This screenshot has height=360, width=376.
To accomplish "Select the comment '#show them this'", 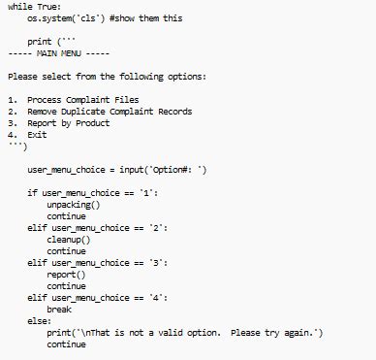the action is click(x=145, y=17).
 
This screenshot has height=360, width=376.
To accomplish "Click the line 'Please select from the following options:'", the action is click(x=107, y=76).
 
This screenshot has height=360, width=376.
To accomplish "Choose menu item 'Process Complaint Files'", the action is click(x=82, y=100).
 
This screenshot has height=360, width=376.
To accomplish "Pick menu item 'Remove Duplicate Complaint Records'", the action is click(x=110, y=112).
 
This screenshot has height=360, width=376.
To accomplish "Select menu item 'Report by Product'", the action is click(x=68, y=123).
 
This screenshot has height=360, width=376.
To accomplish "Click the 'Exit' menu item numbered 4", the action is click(x=37, y=135).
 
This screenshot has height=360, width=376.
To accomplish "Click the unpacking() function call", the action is click(x=73, y=205).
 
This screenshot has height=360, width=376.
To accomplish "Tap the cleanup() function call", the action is click(x=68, y=240).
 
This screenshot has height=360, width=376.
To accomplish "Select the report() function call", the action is click(x=66, y=275).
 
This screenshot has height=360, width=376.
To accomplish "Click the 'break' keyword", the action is click(x=59, y=310).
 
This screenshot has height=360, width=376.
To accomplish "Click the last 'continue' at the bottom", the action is click(x=66, y=344).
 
